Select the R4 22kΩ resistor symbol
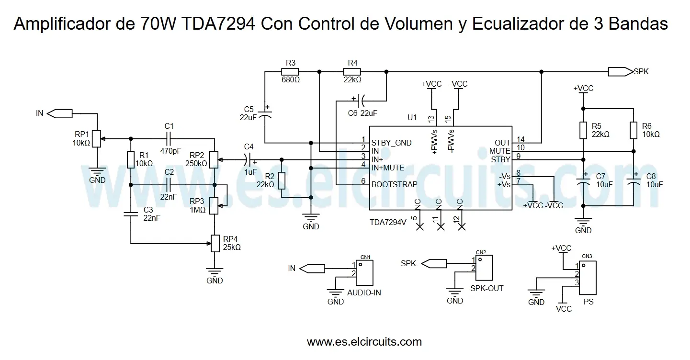click(x=353, y=72)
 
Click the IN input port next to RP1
click(x=61, y=113)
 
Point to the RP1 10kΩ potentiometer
click(x=97, y=138)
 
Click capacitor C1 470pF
click(x=169, y=138)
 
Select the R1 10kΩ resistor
click(x=130, y=159)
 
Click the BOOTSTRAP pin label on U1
click(x=394, y=184)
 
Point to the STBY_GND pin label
click(x=391, y=143)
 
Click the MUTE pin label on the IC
click(x=500, y=151)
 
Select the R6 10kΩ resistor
click(x=633, y=130)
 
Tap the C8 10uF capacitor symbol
click(x=633, y=182)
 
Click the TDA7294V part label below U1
click(x=388, y=222)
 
